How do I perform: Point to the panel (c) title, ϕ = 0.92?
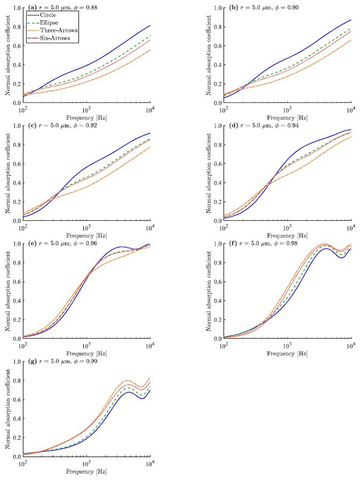tap(59, 127)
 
